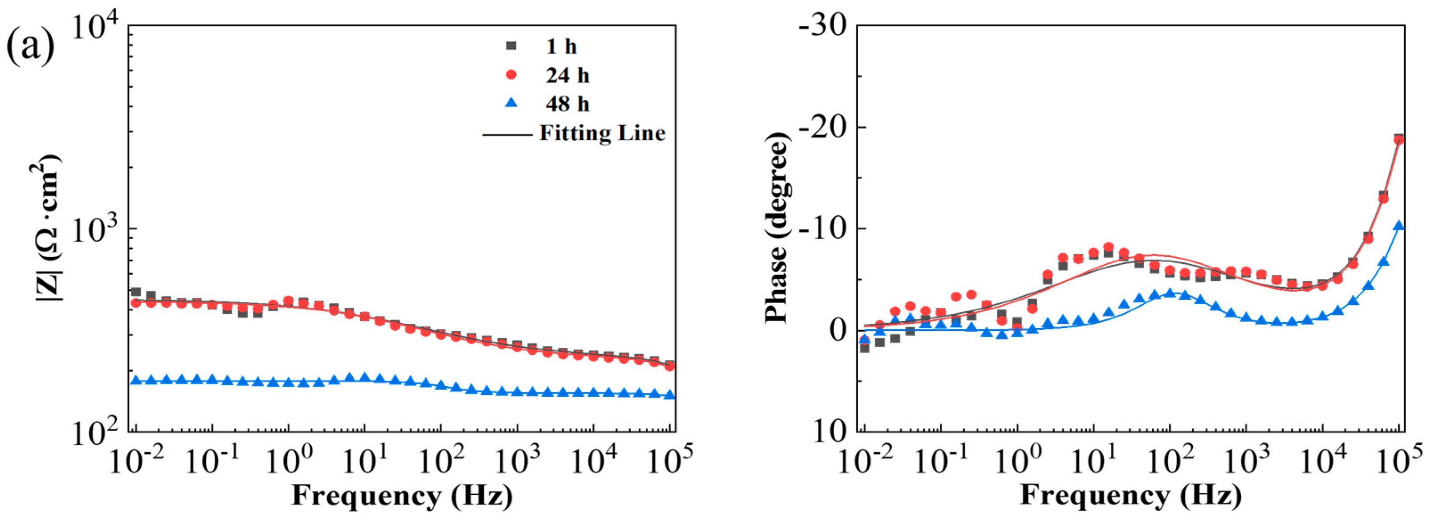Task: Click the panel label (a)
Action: tap(31, 46)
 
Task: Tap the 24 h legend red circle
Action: tap(512, 75)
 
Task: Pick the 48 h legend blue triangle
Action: tap(512, 103)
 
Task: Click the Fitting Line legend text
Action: tap(602, 133)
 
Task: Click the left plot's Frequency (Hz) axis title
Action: tap(402, 495)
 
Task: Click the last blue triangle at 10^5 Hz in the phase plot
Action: tap(1399, 226)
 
